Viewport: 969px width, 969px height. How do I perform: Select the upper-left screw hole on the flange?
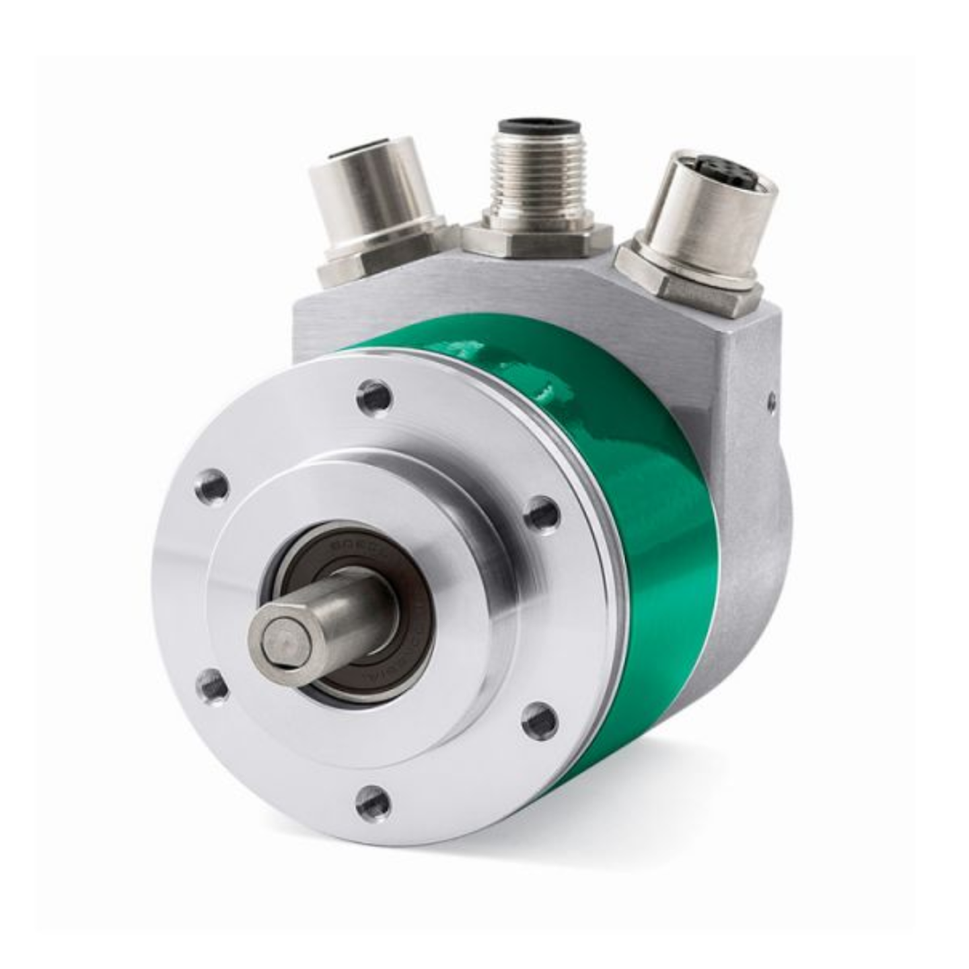tap(211, 486)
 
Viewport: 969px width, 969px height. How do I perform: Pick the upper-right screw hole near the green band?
tap(542, 515)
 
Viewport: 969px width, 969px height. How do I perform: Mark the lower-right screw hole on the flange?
tap(540, 719)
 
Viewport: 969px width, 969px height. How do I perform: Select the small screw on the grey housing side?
tap(770, 403)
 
